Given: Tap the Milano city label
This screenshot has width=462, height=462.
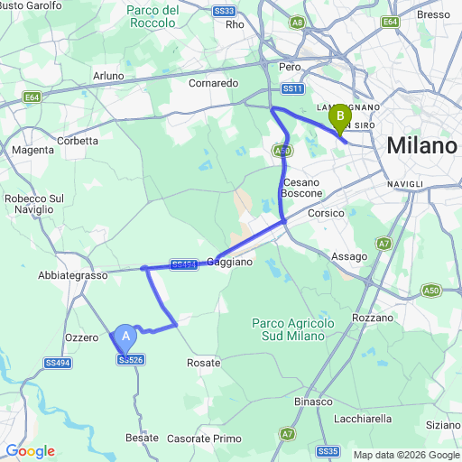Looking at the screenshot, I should point(420,145).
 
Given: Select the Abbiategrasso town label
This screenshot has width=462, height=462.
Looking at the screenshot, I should point(71,275).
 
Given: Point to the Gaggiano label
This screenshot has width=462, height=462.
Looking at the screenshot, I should point(230,262).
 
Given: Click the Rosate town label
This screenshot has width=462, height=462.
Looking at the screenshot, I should point(203,362).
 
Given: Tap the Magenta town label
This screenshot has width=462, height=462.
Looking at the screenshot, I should point(33,150).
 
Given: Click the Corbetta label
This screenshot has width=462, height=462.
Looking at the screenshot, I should point(78,141).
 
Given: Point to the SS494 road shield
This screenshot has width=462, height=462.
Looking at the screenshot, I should point(57,362).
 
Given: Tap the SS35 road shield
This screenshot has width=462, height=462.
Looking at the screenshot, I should point(328,449).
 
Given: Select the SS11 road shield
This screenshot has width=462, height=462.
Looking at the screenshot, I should point(291,88).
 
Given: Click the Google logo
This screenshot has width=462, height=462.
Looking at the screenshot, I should point(30,451).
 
